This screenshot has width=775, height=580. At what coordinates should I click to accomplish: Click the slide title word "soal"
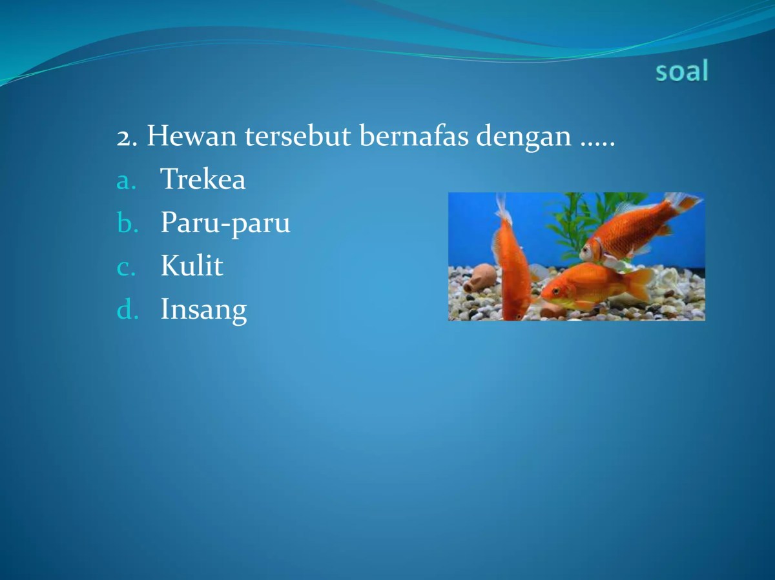(x=681, y=71)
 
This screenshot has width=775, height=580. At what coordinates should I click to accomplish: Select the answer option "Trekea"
(x=203, y=179)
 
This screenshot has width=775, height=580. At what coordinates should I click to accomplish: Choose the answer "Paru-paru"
(x=225, y=223)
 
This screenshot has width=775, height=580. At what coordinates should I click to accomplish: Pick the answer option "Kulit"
(x=191, y=266)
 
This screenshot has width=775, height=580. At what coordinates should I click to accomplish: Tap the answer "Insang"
(x=203, y=310)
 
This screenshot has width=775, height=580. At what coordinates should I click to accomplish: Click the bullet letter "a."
(x=127, y=181)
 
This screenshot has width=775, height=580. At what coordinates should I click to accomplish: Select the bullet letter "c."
(x=127, y=267)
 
